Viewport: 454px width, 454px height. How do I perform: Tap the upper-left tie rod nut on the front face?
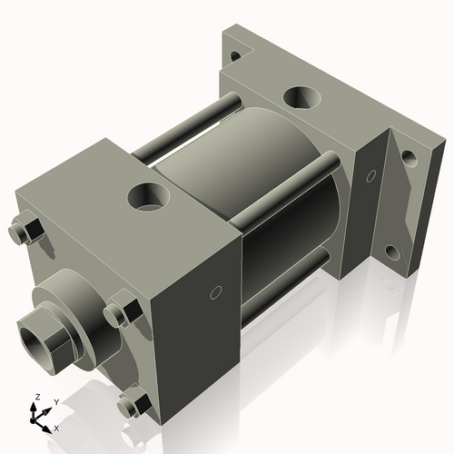pos(26,232)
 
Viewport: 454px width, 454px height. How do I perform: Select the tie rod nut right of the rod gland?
pos(119,314)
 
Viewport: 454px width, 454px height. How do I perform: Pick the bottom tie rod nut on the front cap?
pos(135,402)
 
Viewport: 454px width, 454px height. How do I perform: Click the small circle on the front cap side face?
pos(214,292)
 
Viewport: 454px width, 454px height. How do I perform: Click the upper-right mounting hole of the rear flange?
pos(410,158)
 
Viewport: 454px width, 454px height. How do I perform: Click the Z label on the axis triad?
pos(36,398)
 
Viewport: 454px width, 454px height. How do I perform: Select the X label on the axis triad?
pos(56,427)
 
